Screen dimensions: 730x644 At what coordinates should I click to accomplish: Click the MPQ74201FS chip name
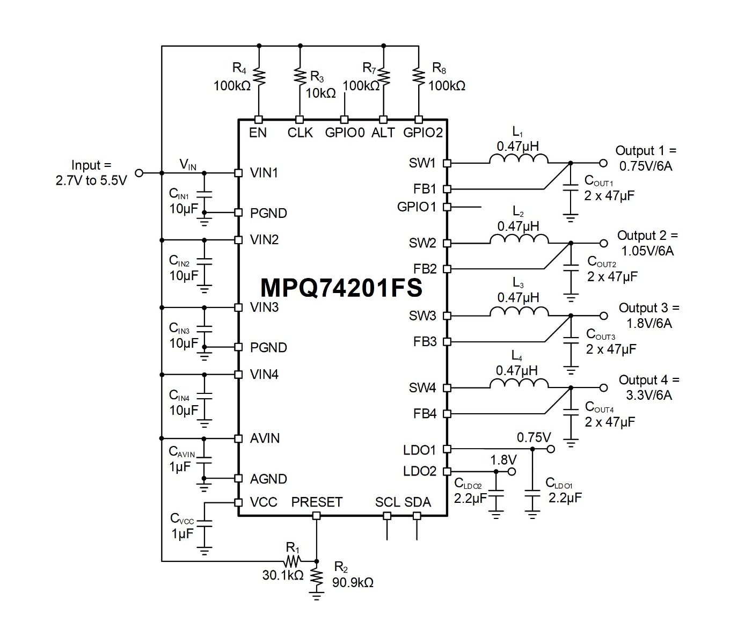[341, 288]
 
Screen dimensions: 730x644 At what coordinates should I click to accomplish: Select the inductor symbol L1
[518, 159]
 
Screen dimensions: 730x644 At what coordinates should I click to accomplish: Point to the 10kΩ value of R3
[320, 93]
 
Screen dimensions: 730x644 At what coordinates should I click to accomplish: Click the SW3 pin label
[422, 316]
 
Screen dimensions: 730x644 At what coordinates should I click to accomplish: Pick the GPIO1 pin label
[417, 207]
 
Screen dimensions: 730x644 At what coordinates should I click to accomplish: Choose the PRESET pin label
[316, 502]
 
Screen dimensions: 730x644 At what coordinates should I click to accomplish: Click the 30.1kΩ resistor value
[282, 575]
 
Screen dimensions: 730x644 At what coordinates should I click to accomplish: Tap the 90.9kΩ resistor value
[353, 582]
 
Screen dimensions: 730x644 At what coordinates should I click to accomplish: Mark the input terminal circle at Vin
[139, 173]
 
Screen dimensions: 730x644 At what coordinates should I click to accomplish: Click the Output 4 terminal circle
[603, 388]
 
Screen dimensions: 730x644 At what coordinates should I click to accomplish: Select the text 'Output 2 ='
[647, 236]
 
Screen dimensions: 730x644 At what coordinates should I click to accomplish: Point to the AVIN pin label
[265, 438]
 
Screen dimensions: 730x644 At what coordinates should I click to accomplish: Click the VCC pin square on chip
[238, 502]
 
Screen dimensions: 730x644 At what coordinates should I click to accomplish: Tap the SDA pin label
[418, 502]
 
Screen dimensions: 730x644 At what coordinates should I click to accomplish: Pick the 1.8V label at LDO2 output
[503, 460]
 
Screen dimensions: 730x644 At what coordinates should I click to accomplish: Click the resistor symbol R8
[419, 76]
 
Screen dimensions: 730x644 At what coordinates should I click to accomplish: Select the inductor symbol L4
[519, 383]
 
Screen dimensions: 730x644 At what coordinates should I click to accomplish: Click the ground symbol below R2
[316, 596]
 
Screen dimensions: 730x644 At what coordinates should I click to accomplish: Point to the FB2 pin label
[425, 269]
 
